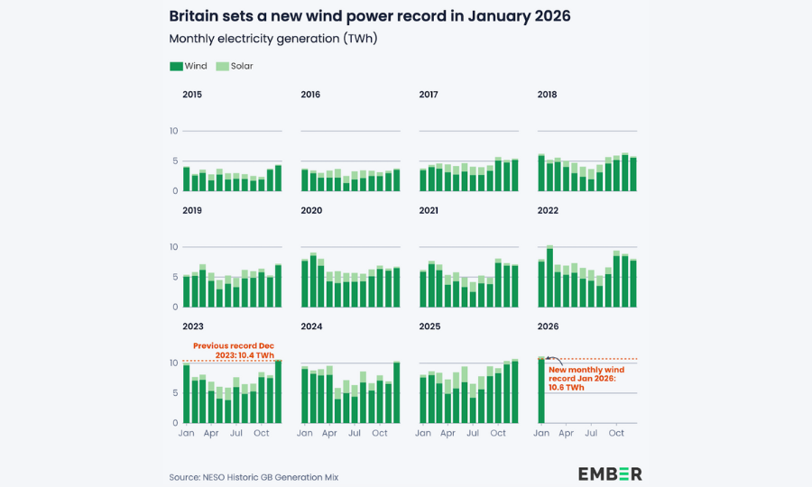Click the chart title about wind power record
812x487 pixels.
pyautogui.click(x=370, y=16)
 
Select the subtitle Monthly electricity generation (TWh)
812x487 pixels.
pyautogui.click(x=273, y=39)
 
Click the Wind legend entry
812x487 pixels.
pyautogui.click(x=189, y=66)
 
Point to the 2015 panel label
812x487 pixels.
pyautogui.click(x=192, y=95)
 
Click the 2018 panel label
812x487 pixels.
pyautogui.click(x=547, y=95)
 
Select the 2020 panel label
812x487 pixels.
pyautogui.click(x=310, y=210)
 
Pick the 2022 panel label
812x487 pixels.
pyautogui.click(x=547, y=210)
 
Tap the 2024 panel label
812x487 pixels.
pyautogui.click(x=310, y=326)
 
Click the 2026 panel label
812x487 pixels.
pyautogui.click(x=547, y=326)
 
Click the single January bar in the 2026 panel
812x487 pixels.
pyautogui.click(x=541, y=392)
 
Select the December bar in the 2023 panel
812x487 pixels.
pyautogui.click(x=278, y=392)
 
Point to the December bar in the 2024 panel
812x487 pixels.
pyautogui.click(x=396, y=392)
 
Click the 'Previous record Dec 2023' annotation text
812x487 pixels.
pyautogui.click(x=233, y=350)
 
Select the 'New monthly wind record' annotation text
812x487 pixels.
pyautogui.click(x=586, y=377)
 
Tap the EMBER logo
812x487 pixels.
pyautogui.click(x=610, y=474)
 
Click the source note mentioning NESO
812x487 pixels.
pyautogui.click(x=254, y=477)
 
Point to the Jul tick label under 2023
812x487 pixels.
pyautogui.click(x=236, y=434)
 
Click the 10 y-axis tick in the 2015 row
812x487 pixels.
pyautogui.click(x=173, y=132)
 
